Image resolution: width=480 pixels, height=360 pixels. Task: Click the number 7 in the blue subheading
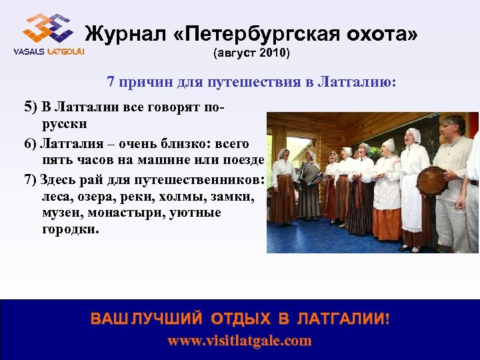(111, 82)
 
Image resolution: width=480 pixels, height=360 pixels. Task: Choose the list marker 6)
(31, 144)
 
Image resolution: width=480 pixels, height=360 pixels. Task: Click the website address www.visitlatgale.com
(239, 341)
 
